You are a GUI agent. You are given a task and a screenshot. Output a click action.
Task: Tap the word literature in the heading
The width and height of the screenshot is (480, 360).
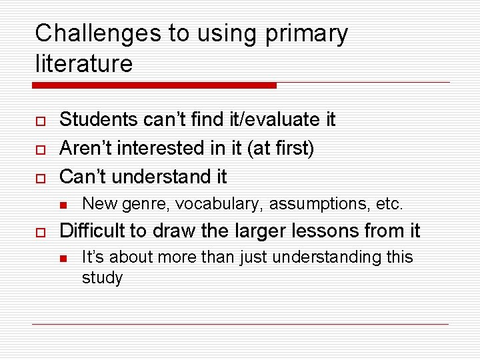(x=84, y=64)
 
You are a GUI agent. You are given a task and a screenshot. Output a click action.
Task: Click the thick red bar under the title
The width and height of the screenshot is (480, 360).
(x=154, y=85)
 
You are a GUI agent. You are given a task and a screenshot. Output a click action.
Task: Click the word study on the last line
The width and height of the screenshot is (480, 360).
(x=102, y=277)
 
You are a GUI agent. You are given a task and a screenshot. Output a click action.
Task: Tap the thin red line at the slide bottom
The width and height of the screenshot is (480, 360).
(x=240, y=324)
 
